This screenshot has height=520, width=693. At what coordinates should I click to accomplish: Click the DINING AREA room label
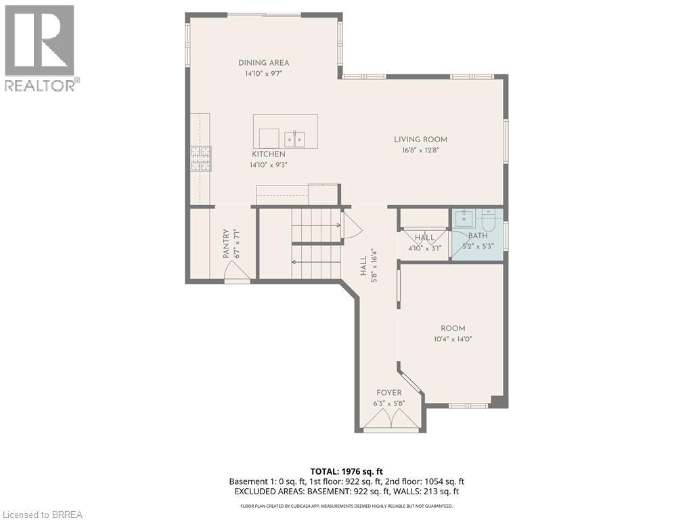pyautogui.click(x=263, y=63)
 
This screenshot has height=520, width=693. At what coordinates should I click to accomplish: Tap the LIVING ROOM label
pyautogui.click(x=420, y=139)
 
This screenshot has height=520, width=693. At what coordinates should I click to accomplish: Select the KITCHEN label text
pyautogui.click(x=269, y=154)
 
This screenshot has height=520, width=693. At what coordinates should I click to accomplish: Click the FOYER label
pyautogui.click(x=389, y=393)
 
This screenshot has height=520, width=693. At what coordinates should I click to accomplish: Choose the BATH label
pyautogui.click(x=478, y=236)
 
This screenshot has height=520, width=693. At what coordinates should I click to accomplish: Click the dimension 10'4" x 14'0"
pyautogui.click(x=453, y=339)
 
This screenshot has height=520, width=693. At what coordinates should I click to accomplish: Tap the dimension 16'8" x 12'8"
pyautogui.click(x=420, y=150)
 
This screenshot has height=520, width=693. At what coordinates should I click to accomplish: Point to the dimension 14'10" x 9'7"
pyautogui.click(x=263, y=73)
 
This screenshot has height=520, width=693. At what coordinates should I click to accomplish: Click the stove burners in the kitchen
pyautogui.click(x=200, y=160)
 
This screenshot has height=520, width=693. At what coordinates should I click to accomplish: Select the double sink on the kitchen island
pyautogui.click(x=294, y=139)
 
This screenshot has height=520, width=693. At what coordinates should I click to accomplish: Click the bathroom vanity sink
pyautogui.click(x=464, y=218)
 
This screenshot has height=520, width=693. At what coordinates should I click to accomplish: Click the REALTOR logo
pyautogui.click(x=40, y=47)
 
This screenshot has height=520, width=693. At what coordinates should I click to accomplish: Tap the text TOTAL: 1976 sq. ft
pyautogui.click(x=346, y=471)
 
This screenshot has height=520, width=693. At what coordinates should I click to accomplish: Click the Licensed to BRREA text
pyautogui.click(x=42, y=514)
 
